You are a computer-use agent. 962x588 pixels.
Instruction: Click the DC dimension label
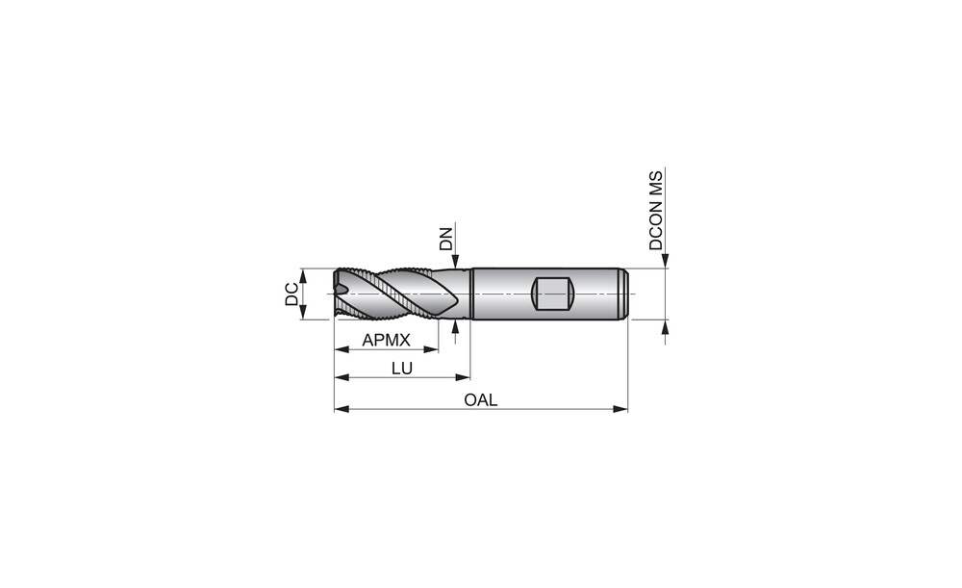tap(291, 294)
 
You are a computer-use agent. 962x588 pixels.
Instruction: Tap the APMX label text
tap(386, 340)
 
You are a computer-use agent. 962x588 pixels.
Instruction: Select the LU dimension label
tap(402, 369)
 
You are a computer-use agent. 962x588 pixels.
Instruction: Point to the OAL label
tap(481, 400)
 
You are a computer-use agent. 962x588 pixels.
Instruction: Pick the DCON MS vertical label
tap(656, 211)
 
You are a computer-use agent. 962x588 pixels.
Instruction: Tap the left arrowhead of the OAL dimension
tap(342, 408)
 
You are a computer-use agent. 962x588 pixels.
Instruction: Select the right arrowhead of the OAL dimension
tap(620, 408)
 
